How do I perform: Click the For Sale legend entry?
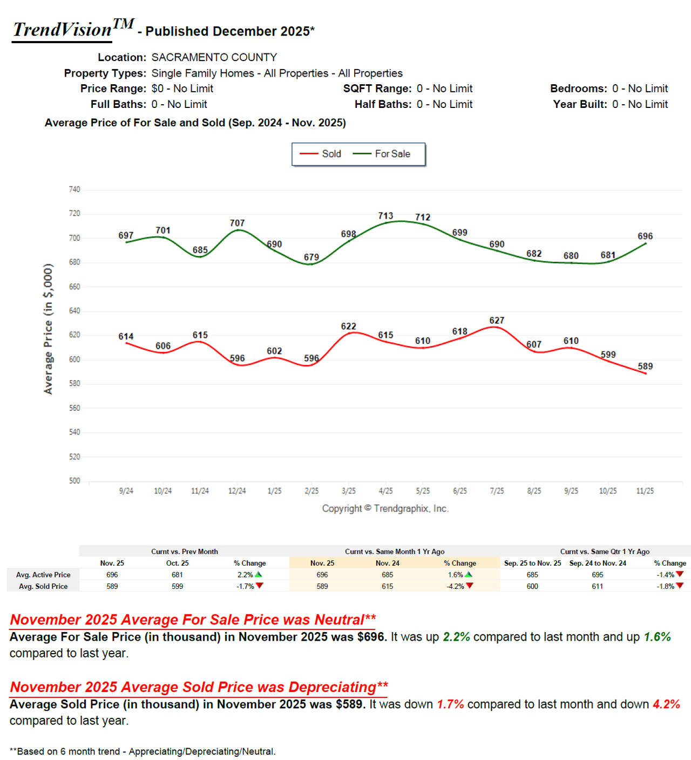[382, 154]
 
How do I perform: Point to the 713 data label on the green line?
[385, 216]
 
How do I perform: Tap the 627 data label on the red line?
[497, 321]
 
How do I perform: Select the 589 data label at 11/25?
[645, 367]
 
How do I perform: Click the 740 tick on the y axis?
[74, 189]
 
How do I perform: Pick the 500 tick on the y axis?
[74, 481]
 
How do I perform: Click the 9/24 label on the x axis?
[126, 491]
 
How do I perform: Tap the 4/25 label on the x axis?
[385, 491]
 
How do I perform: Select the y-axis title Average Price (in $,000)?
[49, 329]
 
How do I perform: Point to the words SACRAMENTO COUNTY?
[214, 57]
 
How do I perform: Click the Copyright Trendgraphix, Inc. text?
[385, 508]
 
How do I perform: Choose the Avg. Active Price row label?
[43, 575]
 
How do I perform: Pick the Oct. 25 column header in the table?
[177, 563]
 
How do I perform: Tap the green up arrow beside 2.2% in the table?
[259, 574]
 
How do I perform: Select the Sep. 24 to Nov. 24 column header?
[598, 563]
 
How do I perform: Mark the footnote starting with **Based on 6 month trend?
[143, 751]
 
